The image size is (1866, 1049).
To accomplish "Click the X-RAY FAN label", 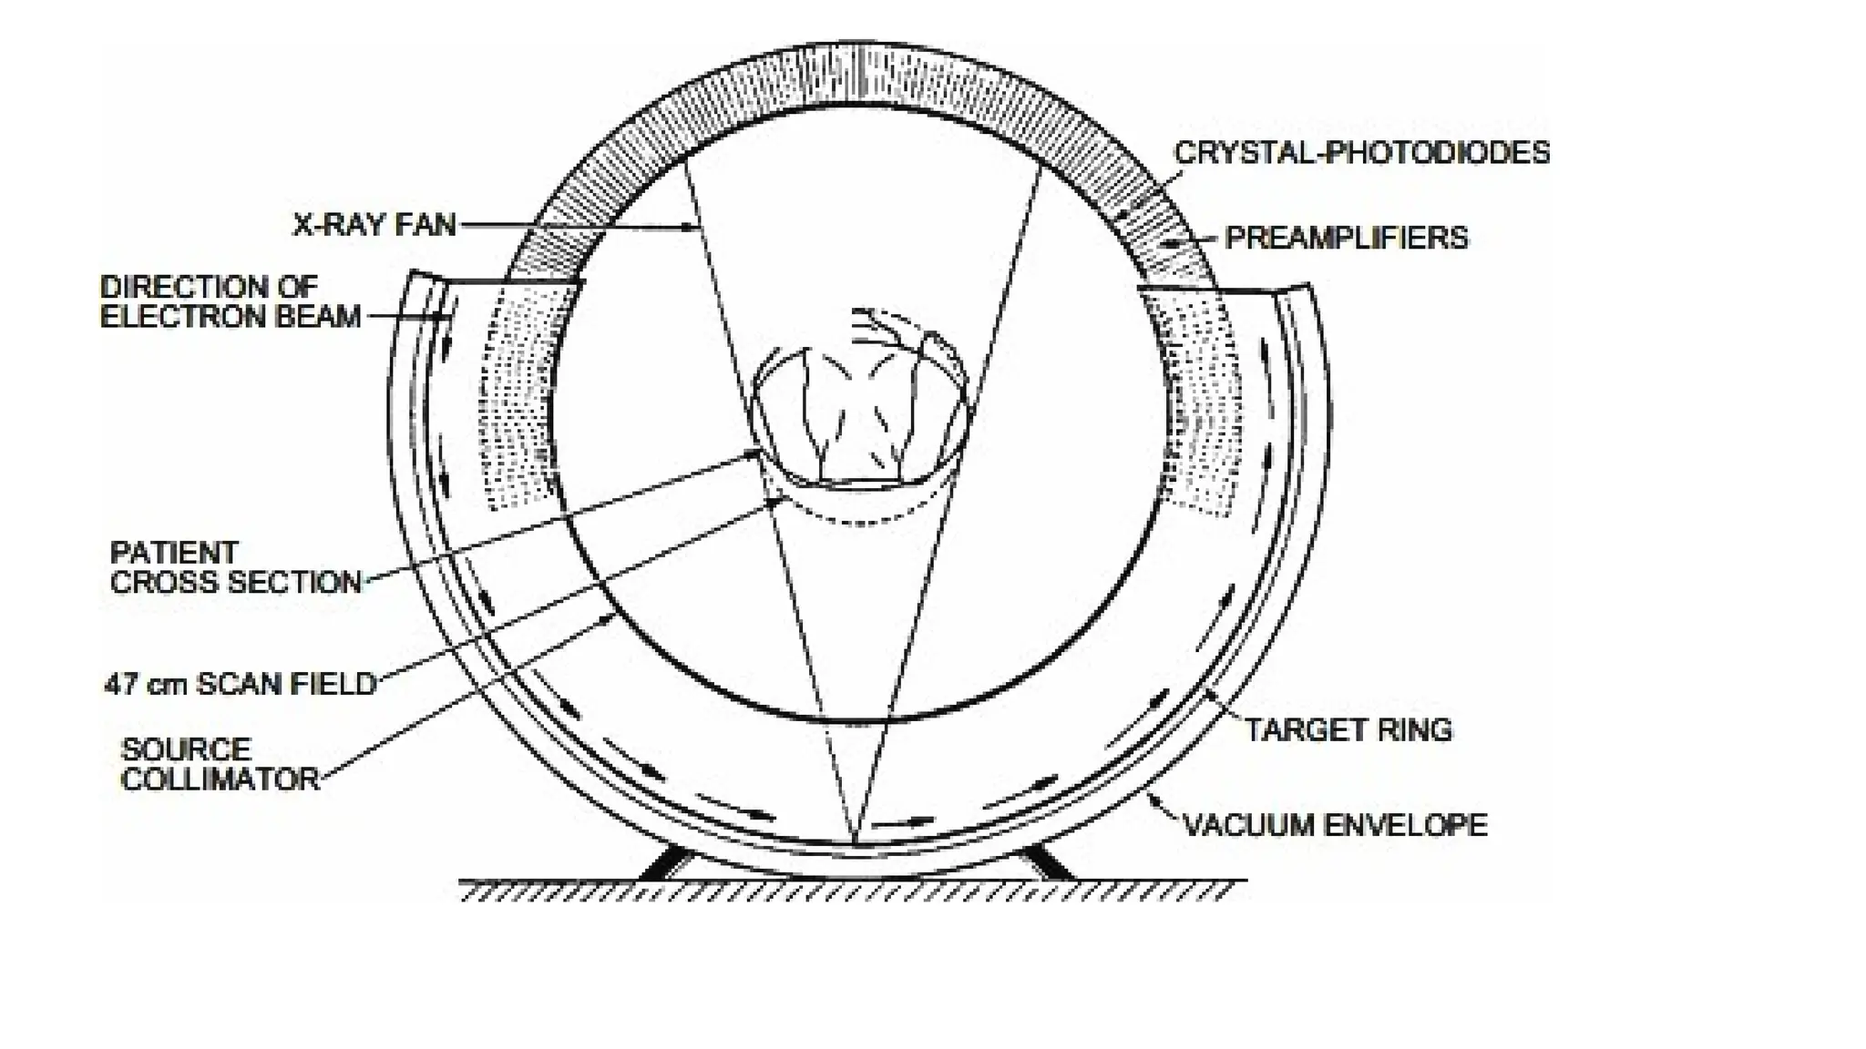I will click(x=374, y=224).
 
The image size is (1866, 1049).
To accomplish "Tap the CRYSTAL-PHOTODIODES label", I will click(x=1361, y=153).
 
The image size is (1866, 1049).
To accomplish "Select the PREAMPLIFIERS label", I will click(x=1346, y=239).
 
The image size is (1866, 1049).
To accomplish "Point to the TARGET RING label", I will click(x=1348, y=729).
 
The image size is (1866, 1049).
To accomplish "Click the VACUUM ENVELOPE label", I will click(x=1335, y=825).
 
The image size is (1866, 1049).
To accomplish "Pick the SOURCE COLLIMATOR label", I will click(x=220, y=765).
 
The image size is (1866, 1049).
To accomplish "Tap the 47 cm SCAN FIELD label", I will click(x=241, y=684).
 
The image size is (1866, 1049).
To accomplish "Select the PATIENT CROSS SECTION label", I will click(x=235, y=567).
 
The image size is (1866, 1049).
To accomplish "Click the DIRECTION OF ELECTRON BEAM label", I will click(x=230, y=301).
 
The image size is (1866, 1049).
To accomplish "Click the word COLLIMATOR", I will click(x=220, y=780).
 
